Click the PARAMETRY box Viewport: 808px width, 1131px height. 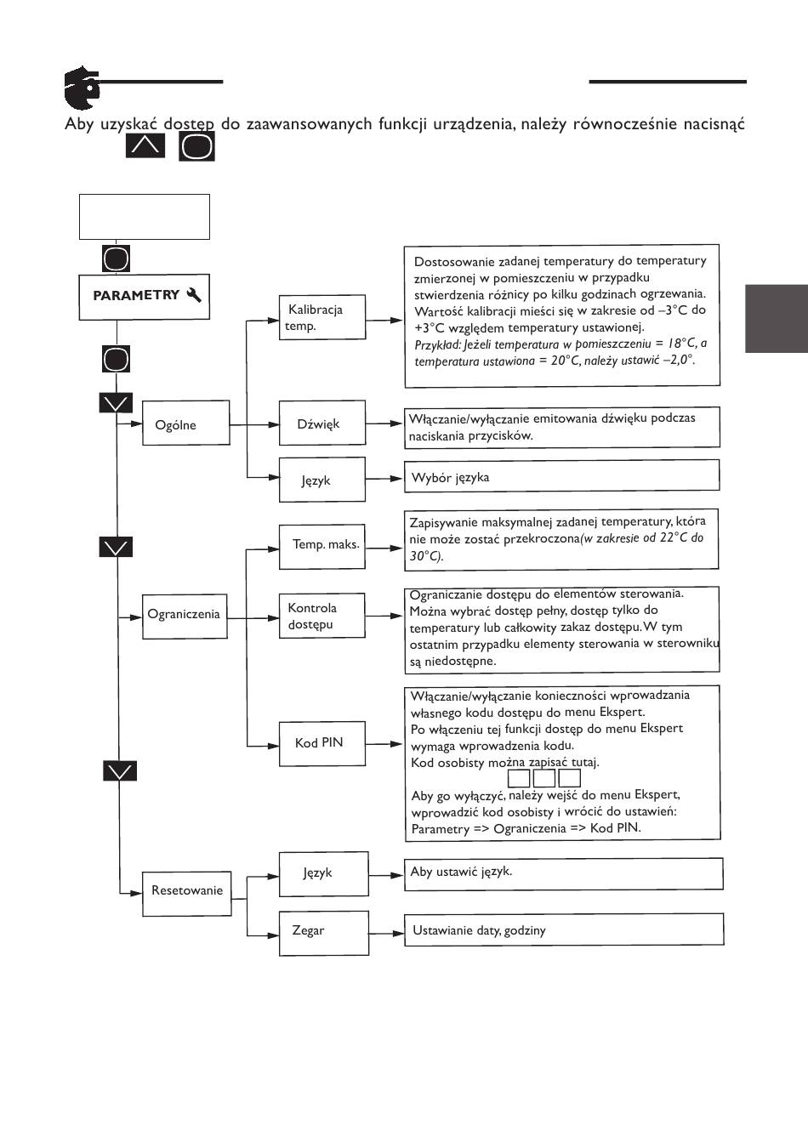[144, 296]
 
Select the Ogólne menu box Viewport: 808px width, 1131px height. [185, 423]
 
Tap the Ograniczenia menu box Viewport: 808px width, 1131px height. [185, 615]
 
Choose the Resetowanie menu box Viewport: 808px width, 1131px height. [187, 893]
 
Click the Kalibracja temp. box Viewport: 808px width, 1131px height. [322, 317]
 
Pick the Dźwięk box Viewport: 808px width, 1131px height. [322, 423]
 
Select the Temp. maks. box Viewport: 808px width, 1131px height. [322, 545]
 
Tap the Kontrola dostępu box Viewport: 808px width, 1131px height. [322, 617]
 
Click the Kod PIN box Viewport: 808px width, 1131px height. [322, 744]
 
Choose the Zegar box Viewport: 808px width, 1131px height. [324, 932]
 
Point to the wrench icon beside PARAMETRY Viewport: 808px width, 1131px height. [194, 295]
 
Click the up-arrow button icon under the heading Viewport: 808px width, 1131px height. [145, 145]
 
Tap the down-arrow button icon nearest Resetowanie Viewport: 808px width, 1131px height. [121, 771]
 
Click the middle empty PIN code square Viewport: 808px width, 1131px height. [544, 777]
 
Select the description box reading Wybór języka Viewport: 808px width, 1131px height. [562, 476]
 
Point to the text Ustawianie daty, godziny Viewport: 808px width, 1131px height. [479, 930]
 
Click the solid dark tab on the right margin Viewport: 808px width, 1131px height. [776, 319]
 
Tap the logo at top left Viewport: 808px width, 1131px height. [81, 88]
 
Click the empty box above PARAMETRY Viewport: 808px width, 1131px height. [144, 217]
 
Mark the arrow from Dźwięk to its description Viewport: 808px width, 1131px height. [384, 423]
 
